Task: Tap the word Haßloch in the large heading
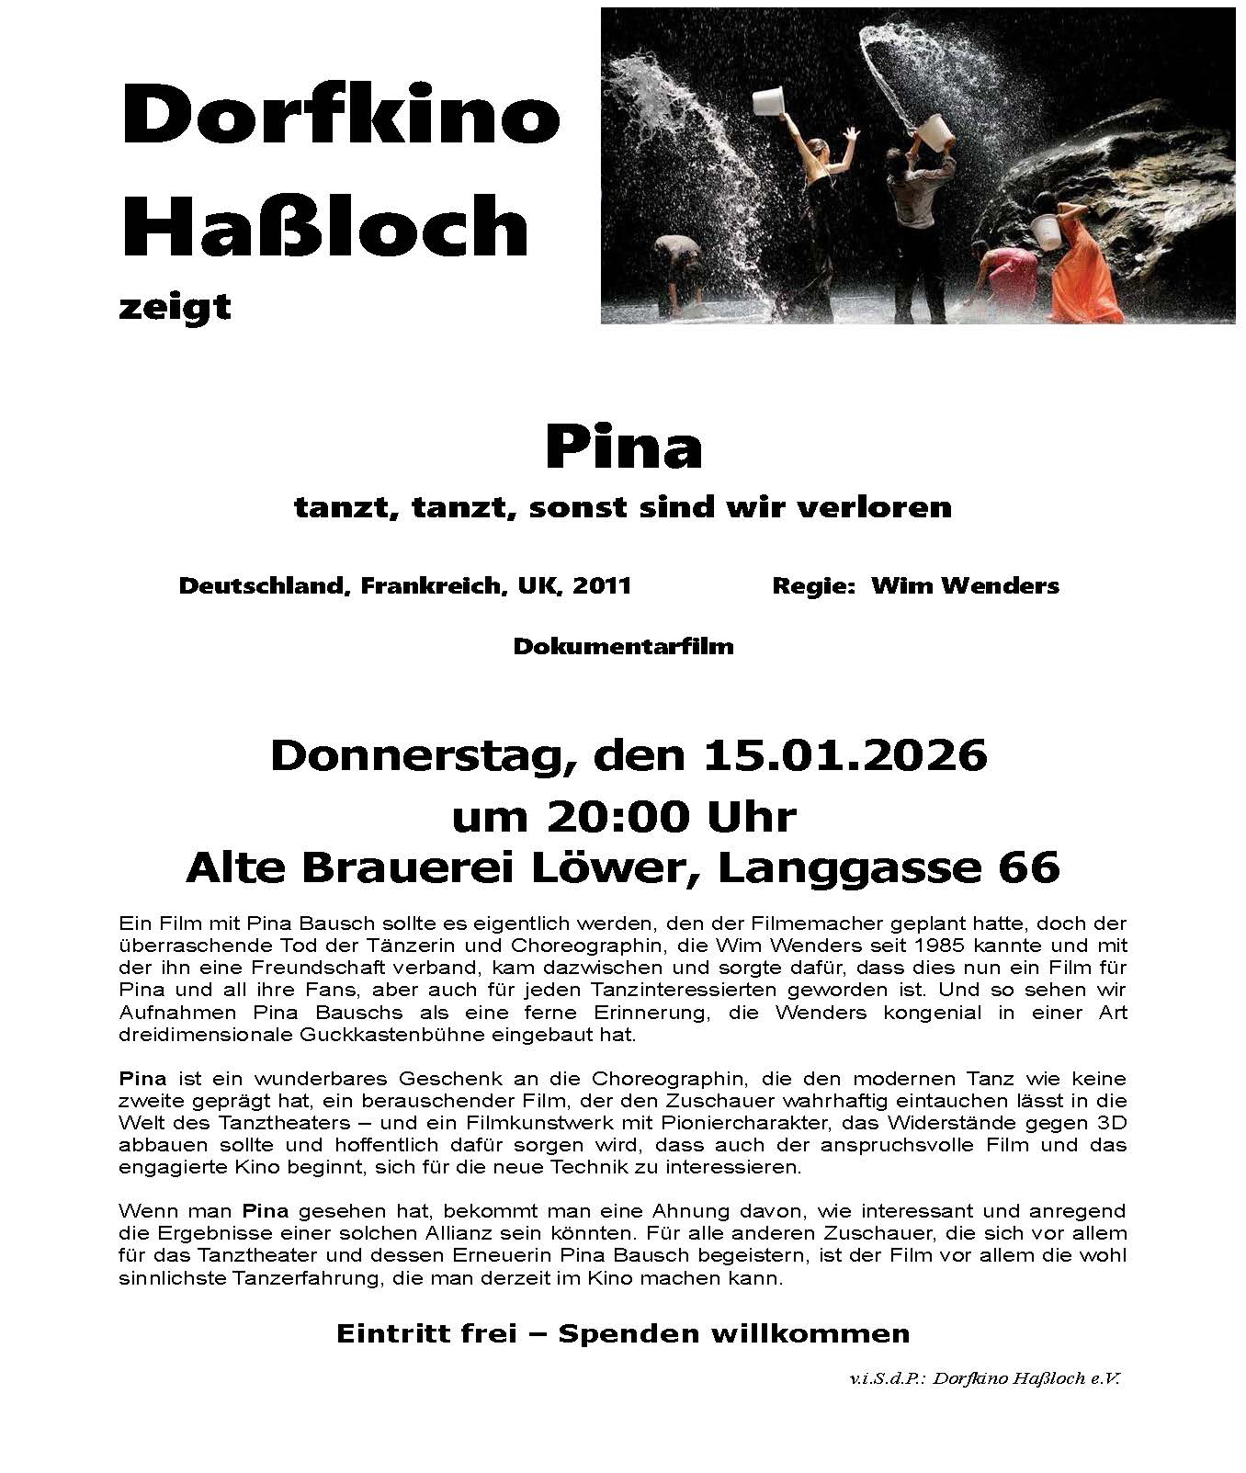tap(326, 226)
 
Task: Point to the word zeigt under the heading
tap(175, 306)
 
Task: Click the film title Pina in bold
tap(623, 448)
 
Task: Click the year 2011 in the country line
tap(602, 586)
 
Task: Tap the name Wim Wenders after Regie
tap(965, 586)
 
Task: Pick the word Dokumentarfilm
tap(623, 646)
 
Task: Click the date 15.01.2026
tap(844, 756)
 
